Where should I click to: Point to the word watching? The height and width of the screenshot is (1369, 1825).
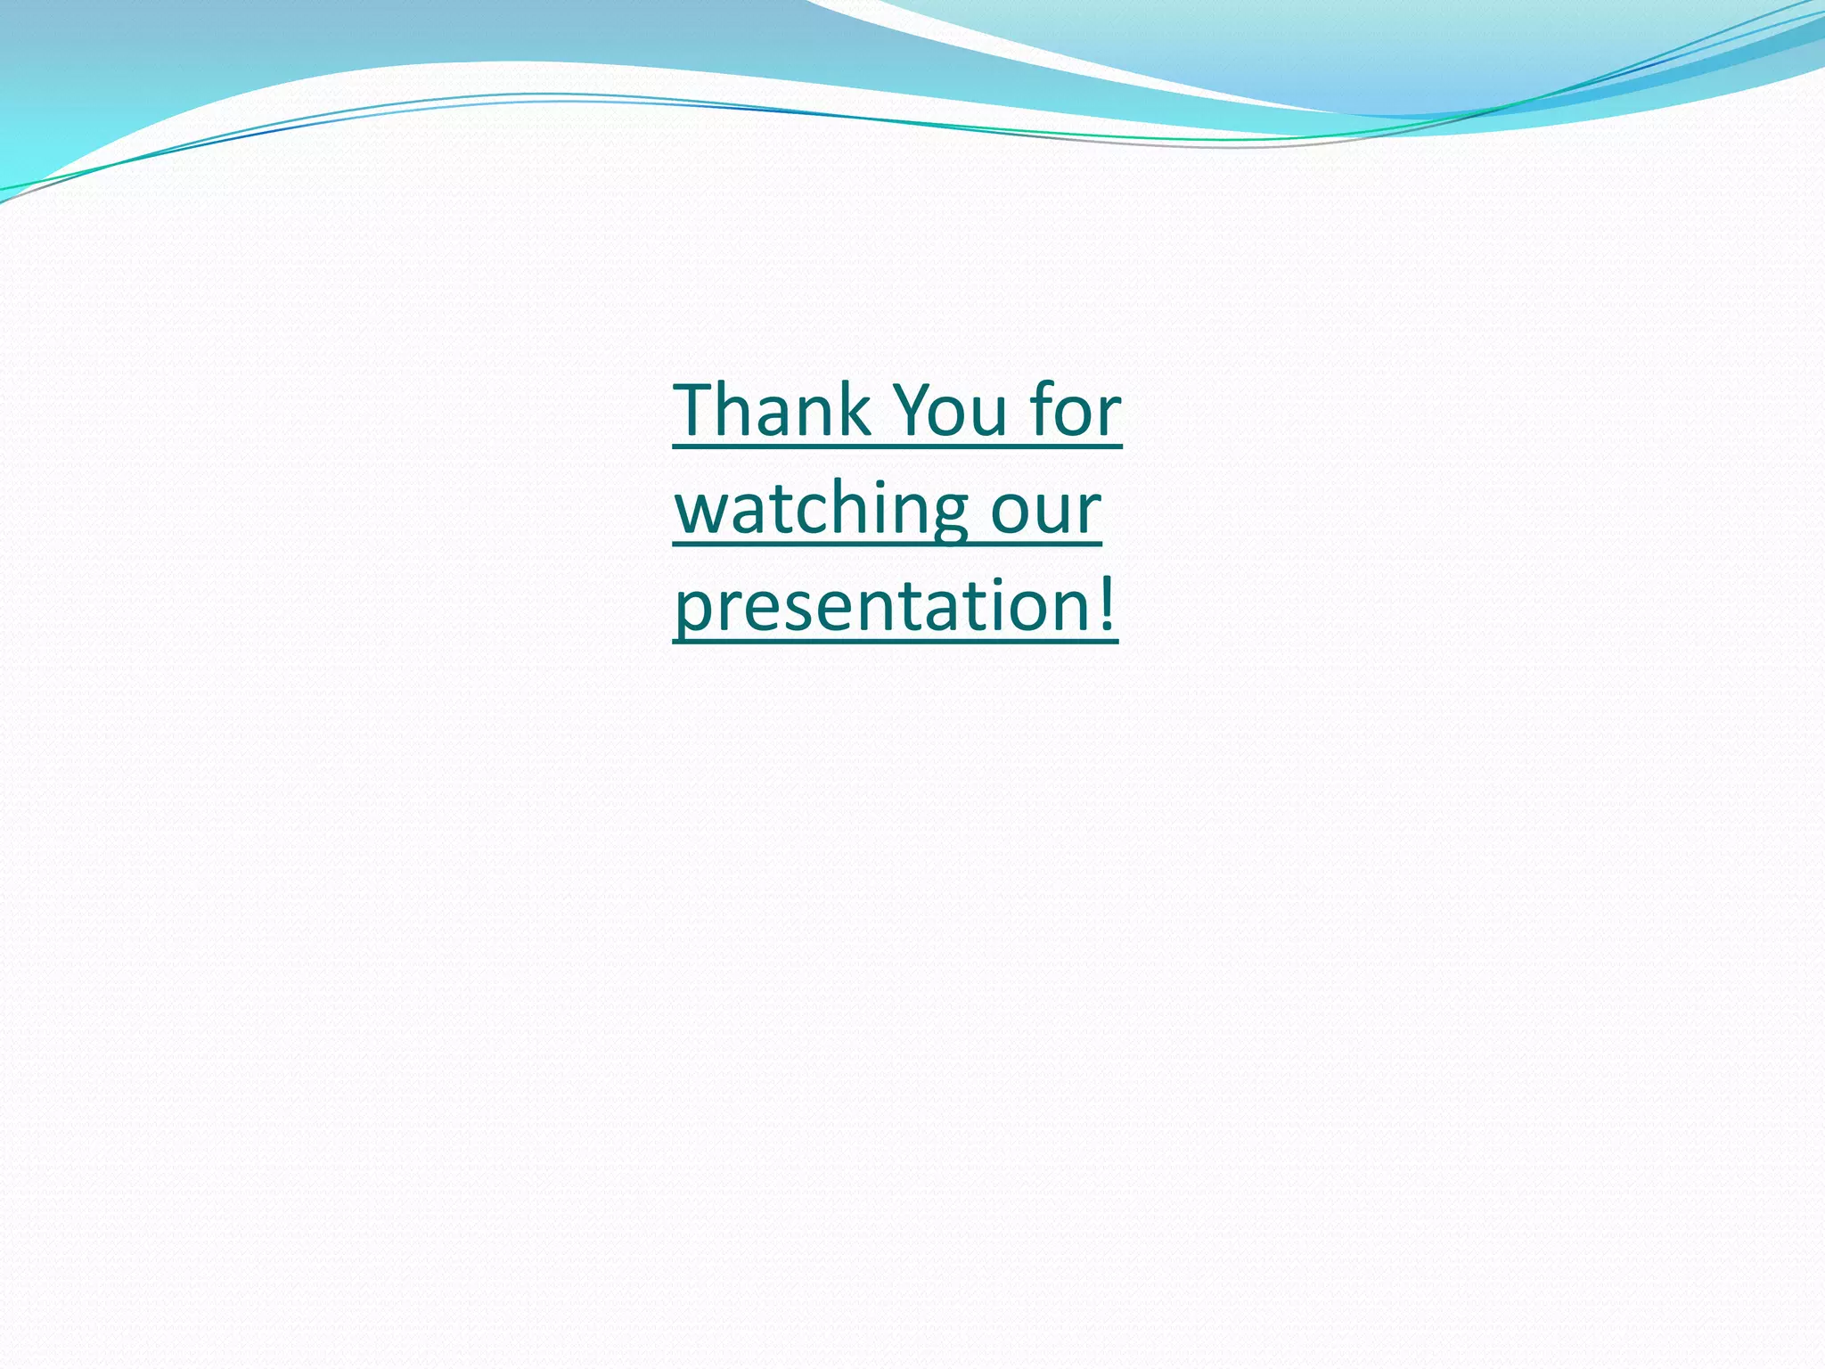point(820,510)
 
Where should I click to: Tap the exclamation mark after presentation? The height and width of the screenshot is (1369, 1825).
point(1106,603)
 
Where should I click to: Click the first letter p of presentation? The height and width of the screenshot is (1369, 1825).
point(692,611)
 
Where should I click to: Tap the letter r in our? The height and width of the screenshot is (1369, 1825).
point(1089,512)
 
